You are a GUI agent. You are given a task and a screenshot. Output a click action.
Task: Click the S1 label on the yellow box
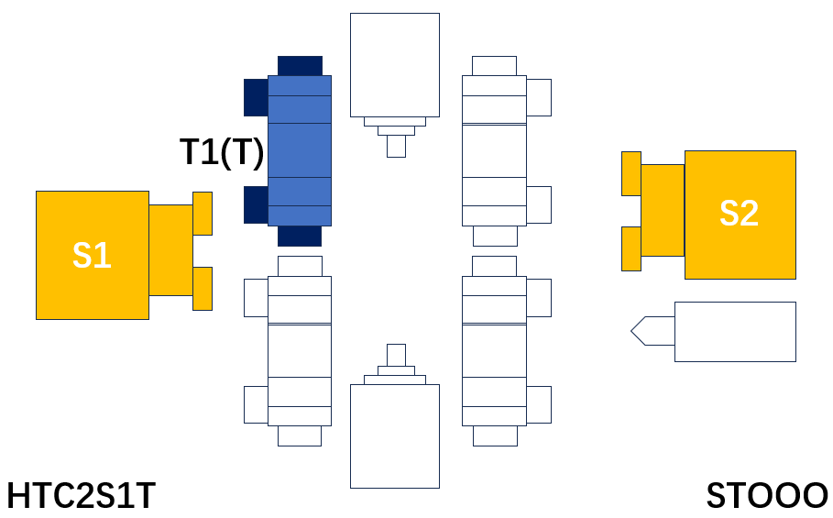pos(92,255)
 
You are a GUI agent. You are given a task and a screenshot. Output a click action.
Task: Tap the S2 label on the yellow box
pos(739,213)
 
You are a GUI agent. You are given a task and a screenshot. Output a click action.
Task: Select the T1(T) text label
pos(222,152)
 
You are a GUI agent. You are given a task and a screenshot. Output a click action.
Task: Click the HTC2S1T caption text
pos(81,496)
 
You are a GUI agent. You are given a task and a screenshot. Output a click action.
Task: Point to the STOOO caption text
pos(766,496)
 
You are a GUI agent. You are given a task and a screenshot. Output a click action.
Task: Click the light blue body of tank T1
pos(300,151)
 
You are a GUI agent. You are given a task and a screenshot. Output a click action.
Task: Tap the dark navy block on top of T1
pos(300,66)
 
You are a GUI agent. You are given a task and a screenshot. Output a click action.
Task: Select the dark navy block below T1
pos(300,236)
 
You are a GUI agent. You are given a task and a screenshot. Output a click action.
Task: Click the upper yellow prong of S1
pos(203,214)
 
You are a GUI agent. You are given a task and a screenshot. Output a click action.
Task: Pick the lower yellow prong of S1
pos(203,289)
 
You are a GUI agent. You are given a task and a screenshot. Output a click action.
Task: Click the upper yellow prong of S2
pos(631,173)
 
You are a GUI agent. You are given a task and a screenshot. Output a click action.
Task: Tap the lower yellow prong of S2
pos(631,249)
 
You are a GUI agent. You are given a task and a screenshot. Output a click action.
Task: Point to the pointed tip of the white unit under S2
pos(631,331)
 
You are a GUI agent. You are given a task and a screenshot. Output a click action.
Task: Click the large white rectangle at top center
pos(395,65)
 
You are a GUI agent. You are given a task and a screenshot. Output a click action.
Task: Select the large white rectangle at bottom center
pos(395,436)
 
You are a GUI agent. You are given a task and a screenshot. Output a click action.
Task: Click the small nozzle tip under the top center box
pos(396,146)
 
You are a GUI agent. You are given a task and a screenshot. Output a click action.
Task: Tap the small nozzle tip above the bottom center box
pos(396,356)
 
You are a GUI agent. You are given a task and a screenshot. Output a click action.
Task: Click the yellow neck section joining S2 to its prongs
pos(663,210)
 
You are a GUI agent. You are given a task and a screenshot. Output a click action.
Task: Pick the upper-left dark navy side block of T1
pos(256,97)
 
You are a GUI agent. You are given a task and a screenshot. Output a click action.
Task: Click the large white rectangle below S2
pos(735,332)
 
